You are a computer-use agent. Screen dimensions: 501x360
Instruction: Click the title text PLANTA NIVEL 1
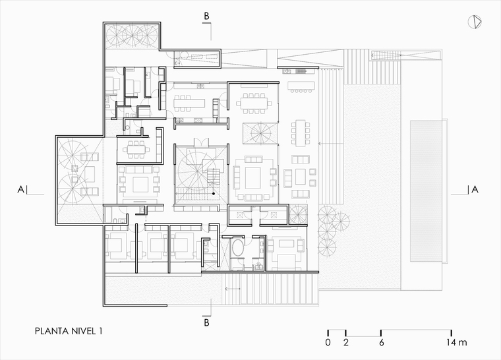(69, 331)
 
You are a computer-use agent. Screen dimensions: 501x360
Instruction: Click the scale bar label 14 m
(457, 342)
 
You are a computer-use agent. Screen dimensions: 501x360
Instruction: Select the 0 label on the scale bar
(328, 342)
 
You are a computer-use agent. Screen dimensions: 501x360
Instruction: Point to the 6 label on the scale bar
(382, 342)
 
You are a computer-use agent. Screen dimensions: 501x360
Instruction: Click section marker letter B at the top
(207, 16)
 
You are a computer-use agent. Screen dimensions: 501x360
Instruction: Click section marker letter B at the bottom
(207, 322)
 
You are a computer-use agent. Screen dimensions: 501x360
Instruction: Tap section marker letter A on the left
(21, 190)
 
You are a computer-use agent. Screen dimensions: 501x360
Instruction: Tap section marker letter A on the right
(475, 190)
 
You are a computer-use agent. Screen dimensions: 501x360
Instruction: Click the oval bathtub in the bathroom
(237, 248)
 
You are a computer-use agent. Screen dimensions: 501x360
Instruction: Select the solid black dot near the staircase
(214, 193)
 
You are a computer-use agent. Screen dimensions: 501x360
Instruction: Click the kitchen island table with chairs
(189, 104)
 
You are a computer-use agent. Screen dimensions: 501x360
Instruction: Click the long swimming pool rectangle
(427, 191)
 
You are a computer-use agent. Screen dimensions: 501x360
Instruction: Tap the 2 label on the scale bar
(346, 342)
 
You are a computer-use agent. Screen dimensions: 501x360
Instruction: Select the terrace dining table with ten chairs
(301, 133)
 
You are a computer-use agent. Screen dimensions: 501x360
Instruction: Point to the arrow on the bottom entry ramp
(233, 289)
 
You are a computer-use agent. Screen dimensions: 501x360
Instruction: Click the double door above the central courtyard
(201, 142)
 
